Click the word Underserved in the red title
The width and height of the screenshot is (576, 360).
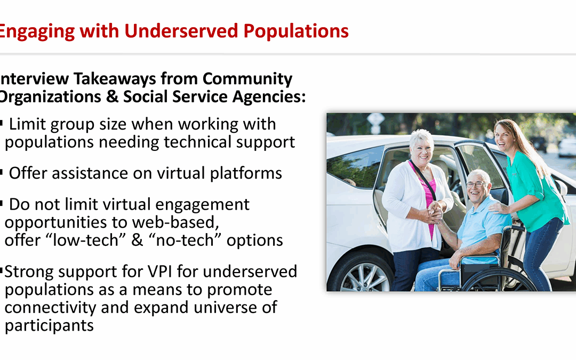coord(181,31)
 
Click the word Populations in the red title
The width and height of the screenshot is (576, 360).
coord(296,31)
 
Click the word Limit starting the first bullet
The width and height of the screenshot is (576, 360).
coord(27,124)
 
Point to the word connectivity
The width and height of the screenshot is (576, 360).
coord(50,308)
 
